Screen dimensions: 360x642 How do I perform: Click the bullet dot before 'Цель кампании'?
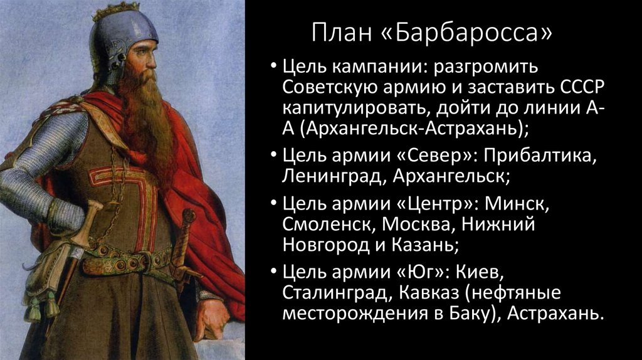275,67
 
